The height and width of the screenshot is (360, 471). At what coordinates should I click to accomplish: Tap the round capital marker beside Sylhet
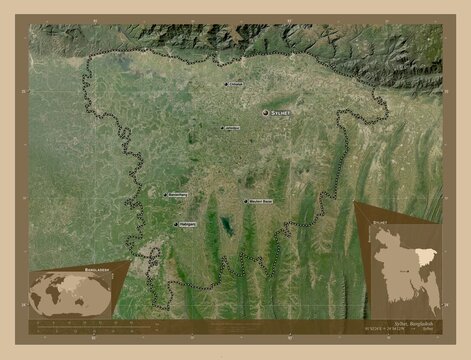(266, 115)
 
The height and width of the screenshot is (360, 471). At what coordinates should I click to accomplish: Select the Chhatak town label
(237, 84)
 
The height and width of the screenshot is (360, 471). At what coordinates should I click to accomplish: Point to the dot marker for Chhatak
(225, 85)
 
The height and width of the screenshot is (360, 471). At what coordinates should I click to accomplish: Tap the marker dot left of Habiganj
(176, 225)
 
